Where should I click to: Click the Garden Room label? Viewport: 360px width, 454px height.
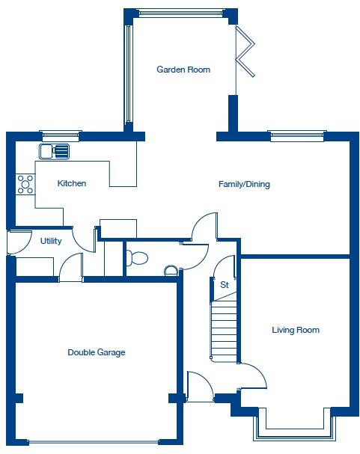183,70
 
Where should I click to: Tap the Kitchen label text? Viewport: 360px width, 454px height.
72,183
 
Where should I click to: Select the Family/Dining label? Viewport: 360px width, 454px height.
244,184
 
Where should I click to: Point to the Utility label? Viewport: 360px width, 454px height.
51,242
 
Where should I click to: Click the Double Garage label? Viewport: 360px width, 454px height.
97,352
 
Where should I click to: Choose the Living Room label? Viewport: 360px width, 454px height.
296,330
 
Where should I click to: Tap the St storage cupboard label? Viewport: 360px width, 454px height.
224,284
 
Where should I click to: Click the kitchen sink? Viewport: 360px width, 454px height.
55,151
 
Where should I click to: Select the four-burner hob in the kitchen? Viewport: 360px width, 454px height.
25,184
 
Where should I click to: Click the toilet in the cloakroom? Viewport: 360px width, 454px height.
137,258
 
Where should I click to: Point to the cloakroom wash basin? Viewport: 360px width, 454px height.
171,270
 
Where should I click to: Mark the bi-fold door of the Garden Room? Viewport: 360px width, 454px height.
244,52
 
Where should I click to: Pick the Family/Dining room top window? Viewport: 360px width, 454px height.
296,135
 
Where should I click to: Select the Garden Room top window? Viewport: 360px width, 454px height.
180,13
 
